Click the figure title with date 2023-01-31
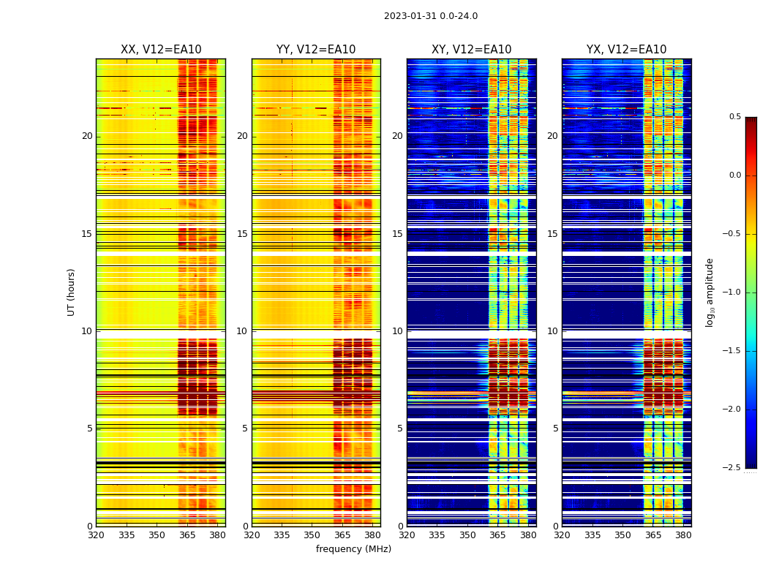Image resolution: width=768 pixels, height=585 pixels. point(431,16)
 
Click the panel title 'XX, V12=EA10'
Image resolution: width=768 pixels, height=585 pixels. point(161,50)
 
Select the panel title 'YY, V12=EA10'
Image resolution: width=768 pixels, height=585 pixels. point(316,50)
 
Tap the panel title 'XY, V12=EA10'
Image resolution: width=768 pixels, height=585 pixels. point(471,50)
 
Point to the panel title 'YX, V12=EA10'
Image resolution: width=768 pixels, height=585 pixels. point(626,50)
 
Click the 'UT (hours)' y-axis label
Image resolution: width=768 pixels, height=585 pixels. point(71,292)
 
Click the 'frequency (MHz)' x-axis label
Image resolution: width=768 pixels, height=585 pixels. point(353,549)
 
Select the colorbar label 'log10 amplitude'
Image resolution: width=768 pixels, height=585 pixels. point(710,292)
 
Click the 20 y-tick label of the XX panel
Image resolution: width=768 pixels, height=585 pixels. point(87,136)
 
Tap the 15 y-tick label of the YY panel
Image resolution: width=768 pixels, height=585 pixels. point(242,234)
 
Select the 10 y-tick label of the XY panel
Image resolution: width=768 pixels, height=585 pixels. point(397,331)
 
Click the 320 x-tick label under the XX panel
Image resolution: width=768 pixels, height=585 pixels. point(96,536)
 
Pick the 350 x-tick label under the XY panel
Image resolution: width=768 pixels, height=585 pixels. point(467,536)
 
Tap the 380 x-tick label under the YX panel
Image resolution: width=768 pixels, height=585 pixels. point(683,536)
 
